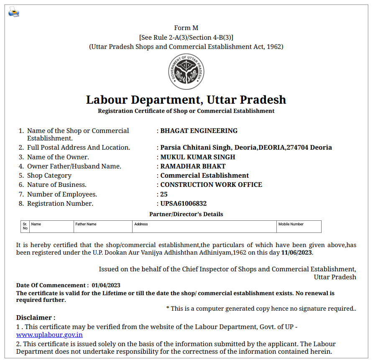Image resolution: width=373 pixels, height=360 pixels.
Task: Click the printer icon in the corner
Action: (14, 12)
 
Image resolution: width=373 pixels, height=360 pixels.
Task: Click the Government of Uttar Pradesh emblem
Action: (186, 72)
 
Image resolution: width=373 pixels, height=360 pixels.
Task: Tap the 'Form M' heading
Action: (186, 28)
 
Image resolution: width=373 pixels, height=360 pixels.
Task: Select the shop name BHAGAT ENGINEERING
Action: (199, 131)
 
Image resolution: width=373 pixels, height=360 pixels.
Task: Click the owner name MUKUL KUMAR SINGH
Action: (198, 157)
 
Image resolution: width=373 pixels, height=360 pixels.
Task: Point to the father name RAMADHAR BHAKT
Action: (193, 166)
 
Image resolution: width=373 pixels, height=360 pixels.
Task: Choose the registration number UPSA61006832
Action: (184, 204)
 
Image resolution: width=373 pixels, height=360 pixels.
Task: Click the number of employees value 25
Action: (164, 194)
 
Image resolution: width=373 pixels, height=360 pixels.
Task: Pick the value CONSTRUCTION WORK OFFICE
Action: (211, 185)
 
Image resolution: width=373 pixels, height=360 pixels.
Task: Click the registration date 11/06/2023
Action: (296, 253)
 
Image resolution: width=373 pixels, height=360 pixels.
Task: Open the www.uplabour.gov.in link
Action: (49, 335)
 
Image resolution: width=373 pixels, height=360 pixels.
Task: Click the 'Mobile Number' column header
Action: (291, 225)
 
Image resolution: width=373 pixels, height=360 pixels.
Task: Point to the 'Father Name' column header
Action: (86, 225)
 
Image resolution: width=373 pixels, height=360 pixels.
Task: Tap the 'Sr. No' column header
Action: (25, 226)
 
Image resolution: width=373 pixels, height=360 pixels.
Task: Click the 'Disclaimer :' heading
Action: (36, 318)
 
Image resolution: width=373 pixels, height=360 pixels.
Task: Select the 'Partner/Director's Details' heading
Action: (186, 214)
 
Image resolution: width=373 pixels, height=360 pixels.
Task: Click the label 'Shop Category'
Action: (49, 176)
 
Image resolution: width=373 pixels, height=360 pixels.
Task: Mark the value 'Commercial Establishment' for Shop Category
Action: (204, 176)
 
